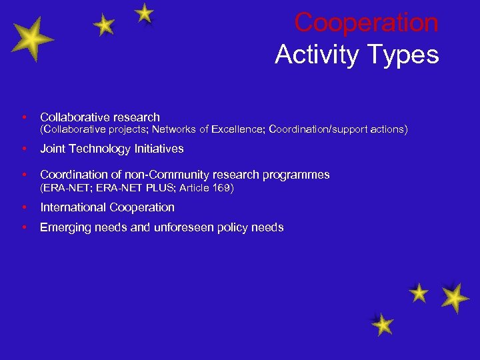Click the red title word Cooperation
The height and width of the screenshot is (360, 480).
366,23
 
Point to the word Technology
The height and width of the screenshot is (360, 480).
100,149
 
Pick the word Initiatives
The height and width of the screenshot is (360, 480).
159,149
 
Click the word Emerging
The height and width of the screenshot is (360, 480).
65,227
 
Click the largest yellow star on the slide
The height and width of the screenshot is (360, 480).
29,40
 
